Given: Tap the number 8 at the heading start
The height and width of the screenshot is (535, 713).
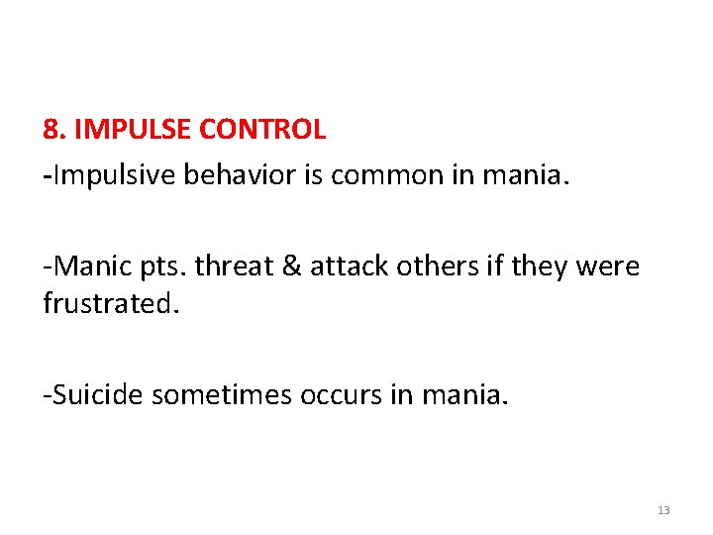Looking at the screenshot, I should [x=51, y=130].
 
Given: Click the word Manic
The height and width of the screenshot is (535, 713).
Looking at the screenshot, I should [x=87, y=267].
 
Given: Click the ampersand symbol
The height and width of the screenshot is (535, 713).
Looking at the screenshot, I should [x=290, y=267].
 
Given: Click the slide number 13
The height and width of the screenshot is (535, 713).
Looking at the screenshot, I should [x=663, y=510].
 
